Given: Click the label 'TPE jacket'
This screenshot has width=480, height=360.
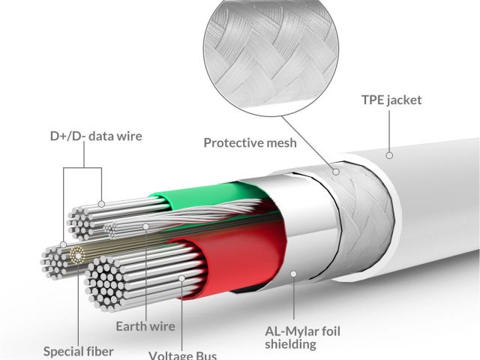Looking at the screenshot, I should point(391,100).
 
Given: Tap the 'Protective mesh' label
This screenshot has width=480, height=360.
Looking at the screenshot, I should point(250,142).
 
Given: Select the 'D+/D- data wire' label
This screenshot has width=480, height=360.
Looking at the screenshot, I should point(95,136).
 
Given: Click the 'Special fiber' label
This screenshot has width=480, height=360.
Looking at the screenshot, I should point(78,350).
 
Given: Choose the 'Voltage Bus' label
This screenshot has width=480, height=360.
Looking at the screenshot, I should point(183,355).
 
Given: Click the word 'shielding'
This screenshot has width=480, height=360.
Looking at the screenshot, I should point(291,344).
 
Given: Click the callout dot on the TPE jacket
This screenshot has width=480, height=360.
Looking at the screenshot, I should point(389,155).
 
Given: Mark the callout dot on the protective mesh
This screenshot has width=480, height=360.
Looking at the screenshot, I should point(336,172).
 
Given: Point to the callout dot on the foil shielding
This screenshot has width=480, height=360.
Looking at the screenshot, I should point(293,275).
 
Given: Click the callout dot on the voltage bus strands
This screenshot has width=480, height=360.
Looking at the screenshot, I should point(182,279).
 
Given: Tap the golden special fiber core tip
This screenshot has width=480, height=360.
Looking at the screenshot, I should point(75,255).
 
